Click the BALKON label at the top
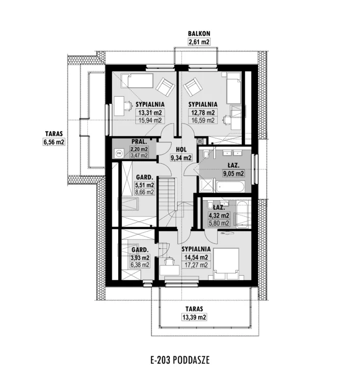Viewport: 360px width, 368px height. coord(199,33)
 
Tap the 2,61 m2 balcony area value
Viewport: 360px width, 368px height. coord(199,42)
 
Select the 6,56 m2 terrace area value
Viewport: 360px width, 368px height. coord(54,142)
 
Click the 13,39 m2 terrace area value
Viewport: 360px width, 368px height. coord(194,317)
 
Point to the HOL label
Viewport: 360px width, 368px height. coord(181,150)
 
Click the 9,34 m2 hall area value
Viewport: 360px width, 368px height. coord(181,158)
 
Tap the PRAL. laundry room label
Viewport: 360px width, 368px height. coord(139,142)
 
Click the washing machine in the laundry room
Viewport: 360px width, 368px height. coord(119,154)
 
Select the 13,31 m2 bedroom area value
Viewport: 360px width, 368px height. coord(150,113)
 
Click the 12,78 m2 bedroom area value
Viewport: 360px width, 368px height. coord(203,113)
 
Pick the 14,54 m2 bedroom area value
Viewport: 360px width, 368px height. coord(196,257)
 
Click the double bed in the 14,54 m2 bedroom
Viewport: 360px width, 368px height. coord(227,264)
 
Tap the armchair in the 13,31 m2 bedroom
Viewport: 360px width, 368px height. coord(165,87)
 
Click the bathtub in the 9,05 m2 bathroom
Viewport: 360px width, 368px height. coord(231,186)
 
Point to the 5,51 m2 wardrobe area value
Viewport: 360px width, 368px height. coord(145,185)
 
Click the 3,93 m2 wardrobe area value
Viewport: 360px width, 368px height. coord(140,258)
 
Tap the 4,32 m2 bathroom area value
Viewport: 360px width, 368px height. coord(219,215)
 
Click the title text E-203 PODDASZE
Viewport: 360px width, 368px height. coord(180,360)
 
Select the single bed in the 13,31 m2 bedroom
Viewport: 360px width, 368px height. coord(137,81)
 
